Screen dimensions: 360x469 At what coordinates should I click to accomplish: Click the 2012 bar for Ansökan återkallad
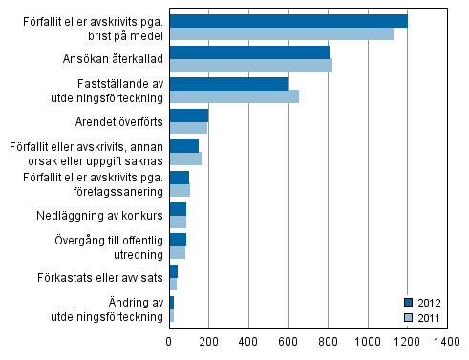(x=249, y=53)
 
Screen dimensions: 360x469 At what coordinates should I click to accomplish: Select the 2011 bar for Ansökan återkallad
(x=250, y=65)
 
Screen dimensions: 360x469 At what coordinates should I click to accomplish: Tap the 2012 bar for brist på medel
(x=288, y=21)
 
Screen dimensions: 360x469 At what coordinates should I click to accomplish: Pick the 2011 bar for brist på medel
(x=281, y=34)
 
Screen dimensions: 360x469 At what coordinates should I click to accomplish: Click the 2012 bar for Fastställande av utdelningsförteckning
(x=228, y=84)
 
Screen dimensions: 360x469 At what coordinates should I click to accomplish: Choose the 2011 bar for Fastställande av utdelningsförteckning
(x=234, y=96)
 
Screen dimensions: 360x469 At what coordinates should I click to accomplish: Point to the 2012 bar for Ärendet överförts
(x=188, y=116)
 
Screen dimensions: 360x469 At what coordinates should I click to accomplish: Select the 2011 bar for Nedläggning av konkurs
(x=177, y=222)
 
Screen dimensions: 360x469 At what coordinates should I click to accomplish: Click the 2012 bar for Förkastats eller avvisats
(x=173, y=272)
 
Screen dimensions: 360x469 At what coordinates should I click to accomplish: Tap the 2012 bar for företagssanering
(x=179, y=178)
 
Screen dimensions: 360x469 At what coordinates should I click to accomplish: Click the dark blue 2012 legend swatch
(x=408, y=302)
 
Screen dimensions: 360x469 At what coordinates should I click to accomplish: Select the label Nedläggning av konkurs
(x=97, y=215)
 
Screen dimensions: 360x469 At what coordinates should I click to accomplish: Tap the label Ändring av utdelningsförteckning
(x=108, y=309)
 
